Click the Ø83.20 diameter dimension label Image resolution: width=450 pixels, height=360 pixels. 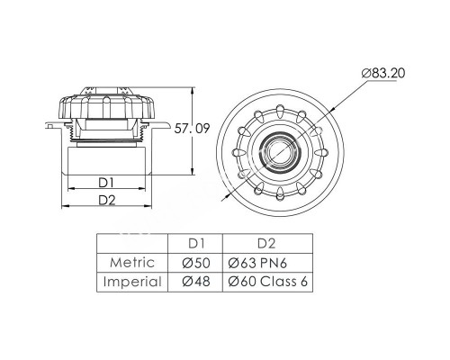click(x=383, y=73)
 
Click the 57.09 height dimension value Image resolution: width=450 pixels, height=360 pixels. click(x=192, y=129)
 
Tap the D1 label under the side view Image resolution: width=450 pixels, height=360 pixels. click(x=106, y=183)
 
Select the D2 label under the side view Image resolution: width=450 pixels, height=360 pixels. click(x=107, y=200)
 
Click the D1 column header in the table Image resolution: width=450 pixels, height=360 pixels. click(x=196, y=244)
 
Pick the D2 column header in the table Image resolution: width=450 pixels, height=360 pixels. click(x=266, y=244)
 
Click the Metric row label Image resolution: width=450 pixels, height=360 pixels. click(x=132, y=263)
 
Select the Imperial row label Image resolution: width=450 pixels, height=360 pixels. click(x=132, y=282)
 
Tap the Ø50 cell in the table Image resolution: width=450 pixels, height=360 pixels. click(x=196, y=263)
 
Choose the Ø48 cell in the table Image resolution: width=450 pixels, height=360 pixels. click(x=196, y=282)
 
